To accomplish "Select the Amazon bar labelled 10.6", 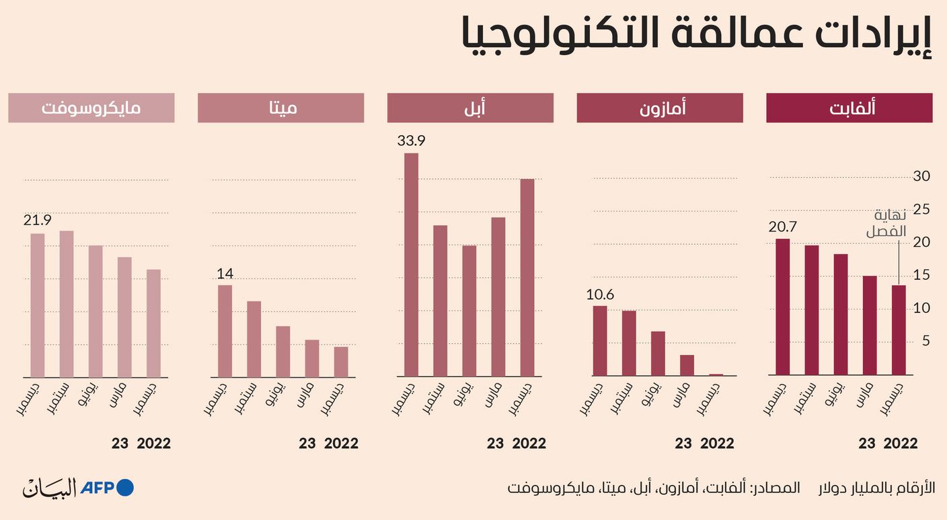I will pos(599,340).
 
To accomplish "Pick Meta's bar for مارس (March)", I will pos(312,358).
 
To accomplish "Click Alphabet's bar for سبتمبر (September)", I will pos(812,309).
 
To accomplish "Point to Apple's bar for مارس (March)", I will pos(498,296).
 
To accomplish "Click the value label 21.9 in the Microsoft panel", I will pos(38,220).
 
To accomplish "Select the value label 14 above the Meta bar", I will pos(224,273).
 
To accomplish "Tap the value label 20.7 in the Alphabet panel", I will pos(782,226).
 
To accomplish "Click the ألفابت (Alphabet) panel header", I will pos(849,108).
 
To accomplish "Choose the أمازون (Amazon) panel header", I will pos(660,108).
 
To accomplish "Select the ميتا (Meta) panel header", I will pos(280,108).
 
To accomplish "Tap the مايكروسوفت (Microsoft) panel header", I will pos(91,108).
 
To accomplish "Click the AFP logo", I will pos(107,487).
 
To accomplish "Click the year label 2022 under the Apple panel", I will pos(529,443).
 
